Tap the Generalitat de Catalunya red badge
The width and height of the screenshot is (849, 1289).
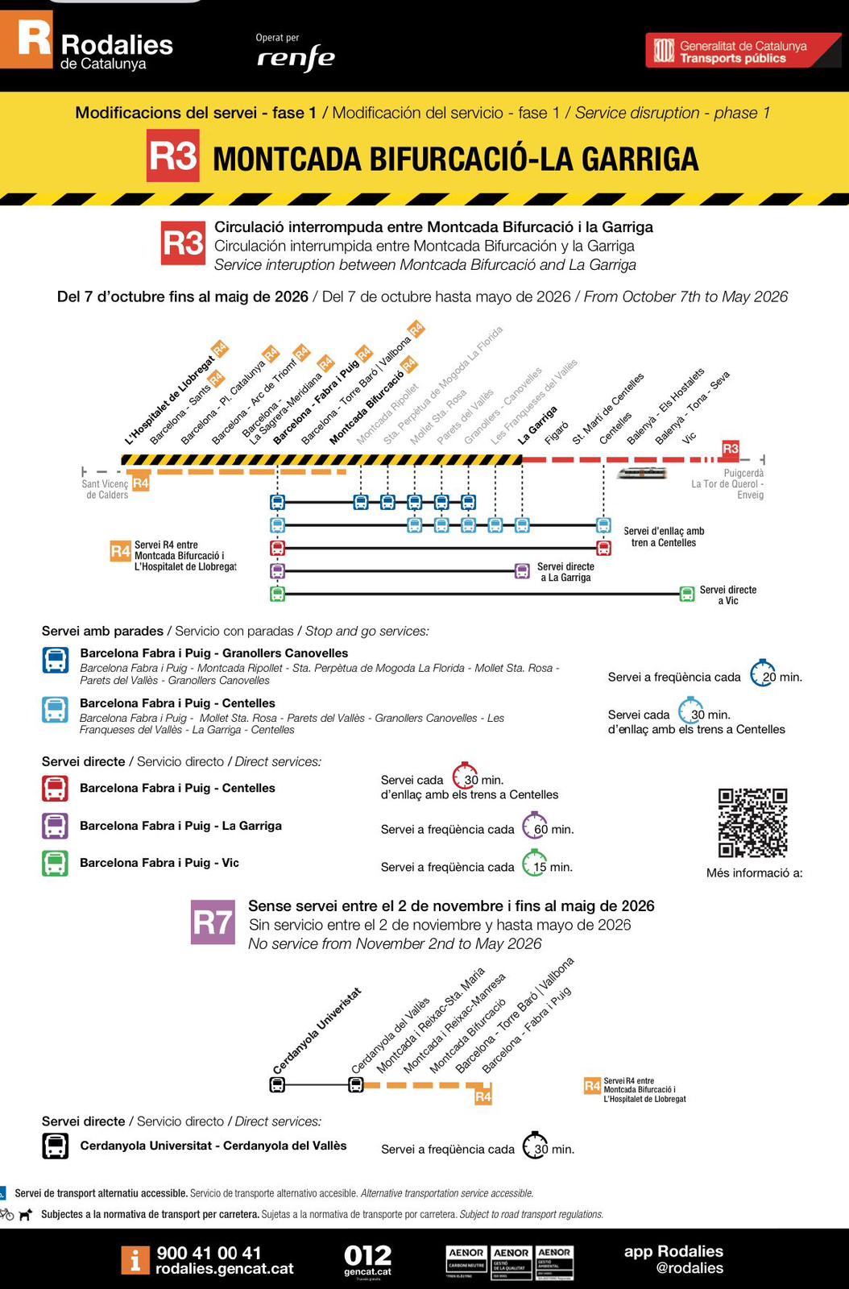click(742, 51)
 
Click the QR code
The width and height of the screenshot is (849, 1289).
click(752, 823)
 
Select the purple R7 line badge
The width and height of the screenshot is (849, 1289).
click(213, 922)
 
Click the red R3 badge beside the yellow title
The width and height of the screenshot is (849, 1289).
click(173, 155)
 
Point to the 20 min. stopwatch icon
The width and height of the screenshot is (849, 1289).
click(763, 674)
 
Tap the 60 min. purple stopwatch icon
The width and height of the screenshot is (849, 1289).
click(535, 826)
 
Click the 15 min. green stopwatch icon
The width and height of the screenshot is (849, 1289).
click(534, 864)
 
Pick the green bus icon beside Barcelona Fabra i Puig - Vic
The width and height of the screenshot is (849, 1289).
click(55, 863)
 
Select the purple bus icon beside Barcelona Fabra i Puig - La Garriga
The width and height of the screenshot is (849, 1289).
click(55, 826)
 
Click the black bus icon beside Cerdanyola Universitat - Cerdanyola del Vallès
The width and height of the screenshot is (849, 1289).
click(55, 1146)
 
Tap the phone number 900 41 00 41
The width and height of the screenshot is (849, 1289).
click(209, 1253)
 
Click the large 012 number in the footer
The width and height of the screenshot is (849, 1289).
click(367, 1255)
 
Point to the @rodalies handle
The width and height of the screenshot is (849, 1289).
click(690, 1268)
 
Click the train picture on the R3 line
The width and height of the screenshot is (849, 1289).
click(642, 473)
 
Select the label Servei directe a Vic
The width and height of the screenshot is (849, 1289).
click(727, 595)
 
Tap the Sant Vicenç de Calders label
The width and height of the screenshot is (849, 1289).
click(105, 489)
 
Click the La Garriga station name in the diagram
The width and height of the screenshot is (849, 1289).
click(538, 425)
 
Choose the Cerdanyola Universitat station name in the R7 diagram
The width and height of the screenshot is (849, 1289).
click(317, 1031)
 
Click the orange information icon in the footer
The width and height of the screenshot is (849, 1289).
click(135, 1260)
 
